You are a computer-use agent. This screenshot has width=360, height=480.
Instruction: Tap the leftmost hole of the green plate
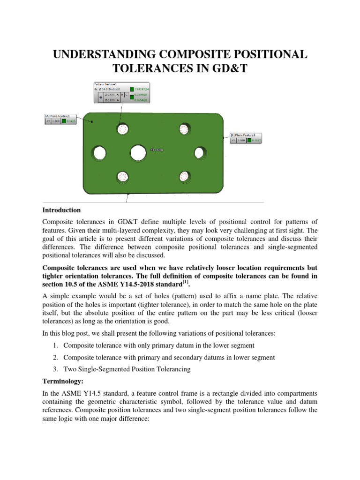[99, 153]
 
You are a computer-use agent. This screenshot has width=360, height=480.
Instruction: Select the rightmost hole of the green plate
[200, 152]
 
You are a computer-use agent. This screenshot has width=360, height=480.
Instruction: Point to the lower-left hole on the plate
[122, 176]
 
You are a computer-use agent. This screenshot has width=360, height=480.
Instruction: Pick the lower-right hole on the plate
[183, 176]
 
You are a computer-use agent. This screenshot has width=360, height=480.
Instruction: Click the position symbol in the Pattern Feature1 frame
[101, 97]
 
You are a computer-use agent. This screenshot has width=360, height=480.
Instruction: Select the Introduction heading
[61, 210]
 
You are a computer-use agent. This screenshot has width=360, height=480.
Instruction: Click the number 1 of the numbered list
[57, 345]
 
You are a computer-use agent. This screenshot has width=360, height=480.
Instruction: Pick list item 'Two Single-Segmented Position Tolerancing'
[127, 369]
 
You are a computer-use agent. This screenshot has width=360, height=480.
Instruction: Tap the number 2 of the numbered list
[57, 357]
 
